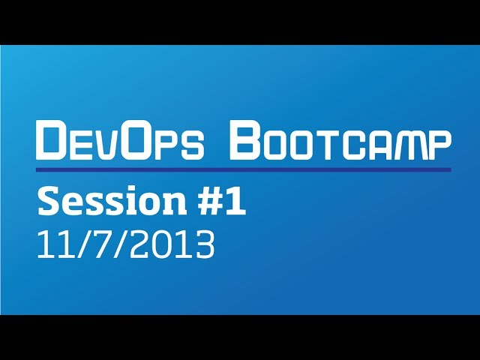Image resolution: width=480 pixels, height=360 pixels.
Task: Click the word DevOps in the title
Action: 120,140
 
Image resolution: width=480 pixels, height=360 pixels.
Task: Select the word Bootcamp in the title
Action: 340,140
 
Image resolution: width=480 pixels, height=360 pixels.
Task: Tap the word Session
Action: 112,201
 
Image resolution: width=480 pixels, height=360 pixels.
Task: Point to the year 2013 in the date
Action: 172,244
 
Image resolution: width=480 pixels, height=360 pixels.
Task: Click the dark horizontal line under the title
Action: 244,169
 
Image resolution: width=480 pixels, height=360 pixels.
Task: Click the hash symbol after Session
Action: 208,202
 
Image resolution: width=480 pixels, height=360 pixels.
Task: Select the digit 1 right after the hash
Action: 235,202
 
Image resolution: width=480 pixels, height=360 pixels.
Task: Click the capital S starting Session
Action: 48,201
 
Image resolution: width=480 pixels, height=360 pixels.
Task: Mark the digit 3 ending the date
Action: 204,244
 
